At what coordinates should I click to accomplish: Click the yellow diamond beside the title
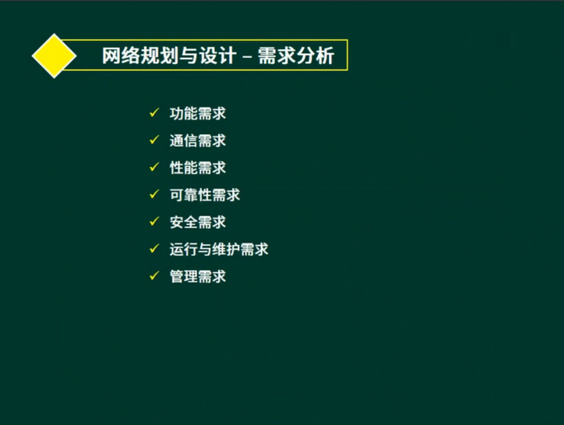coord(55,55)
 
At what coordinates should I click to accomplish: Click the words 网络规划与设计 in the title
coord(169,56)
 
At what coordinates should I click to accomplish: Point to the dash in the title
coord(247,57)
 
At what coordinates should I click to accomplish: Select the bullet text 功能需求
coord(198,114)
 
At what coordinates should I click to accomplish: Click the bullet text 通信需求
coord(198,141)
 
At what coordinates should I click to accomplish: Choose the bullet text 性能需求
coord(198,168)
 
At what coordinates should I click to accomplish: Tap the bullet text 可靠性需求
coord(205,195)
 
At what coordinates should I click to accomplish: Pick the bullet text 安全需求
coord(198,222)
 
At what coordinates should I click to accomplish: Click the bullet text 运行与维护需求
coord(219,249)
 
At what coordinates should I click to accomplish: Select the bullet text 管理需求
coord(198,276)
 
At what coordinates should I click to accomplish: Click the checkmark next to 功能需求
coord(154,113)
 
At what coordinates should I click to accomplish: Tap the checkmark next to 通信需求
coord(154,140)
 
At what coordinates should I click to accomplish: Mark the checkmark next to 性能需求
coord(154,167)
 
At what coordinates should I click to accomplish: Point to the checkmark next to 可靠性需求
coord(154,194)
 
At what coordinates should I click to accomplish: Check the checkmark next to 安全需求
coord(154,221)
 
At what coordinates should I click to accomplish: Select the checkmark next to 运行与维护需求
coord(154,248)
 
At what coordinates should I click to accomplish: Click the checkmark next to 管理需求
coord(154,275)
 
